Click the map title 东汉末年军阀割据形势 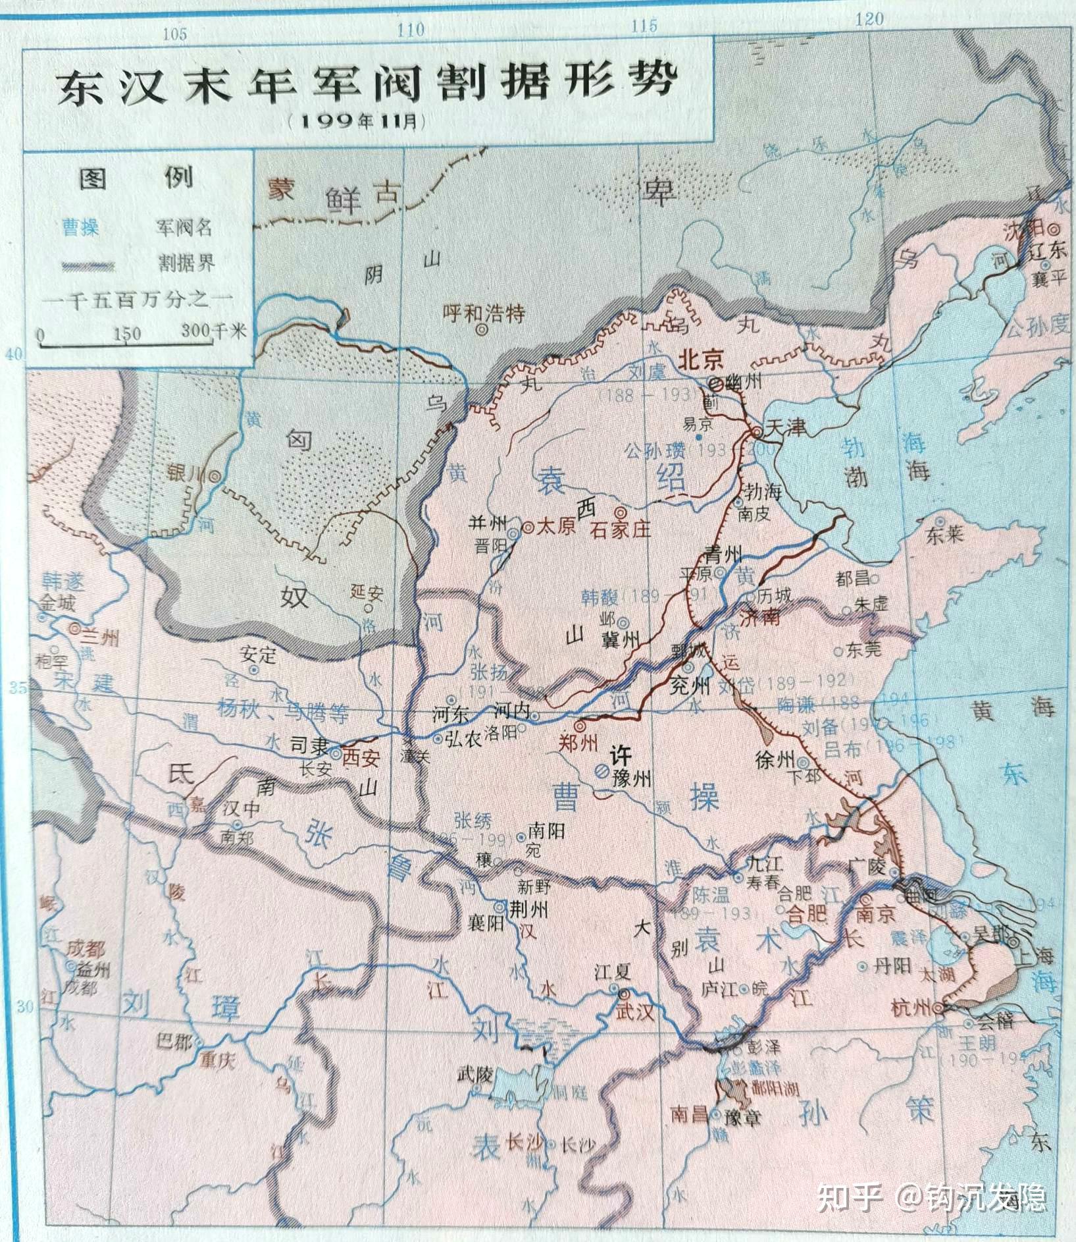coord(366,85)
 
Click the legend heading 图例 coord(136,178)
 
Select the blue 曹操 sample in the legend coord(80,229)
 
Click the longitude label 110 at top coord(411,29)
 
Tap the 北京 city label coord(701,360)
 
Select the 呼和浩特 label coord(484,314)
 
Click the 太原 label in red coord(558,527)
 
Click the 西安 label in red coord(361,757)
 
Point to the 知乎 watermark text coord(848,1197)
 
